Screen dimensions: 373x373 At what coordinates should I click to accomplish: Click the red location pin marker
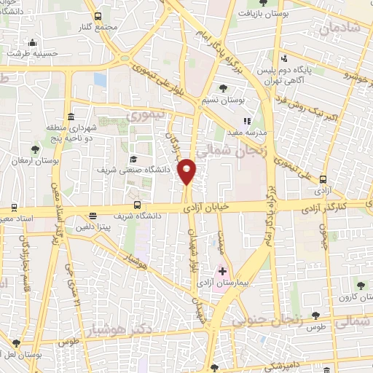[187, 170]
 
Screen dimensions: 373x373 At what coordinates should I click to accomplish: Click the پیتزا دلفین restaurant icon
[93, 216]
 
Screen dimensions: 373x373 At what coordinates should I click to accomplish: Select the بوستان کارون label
[357, 298]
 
